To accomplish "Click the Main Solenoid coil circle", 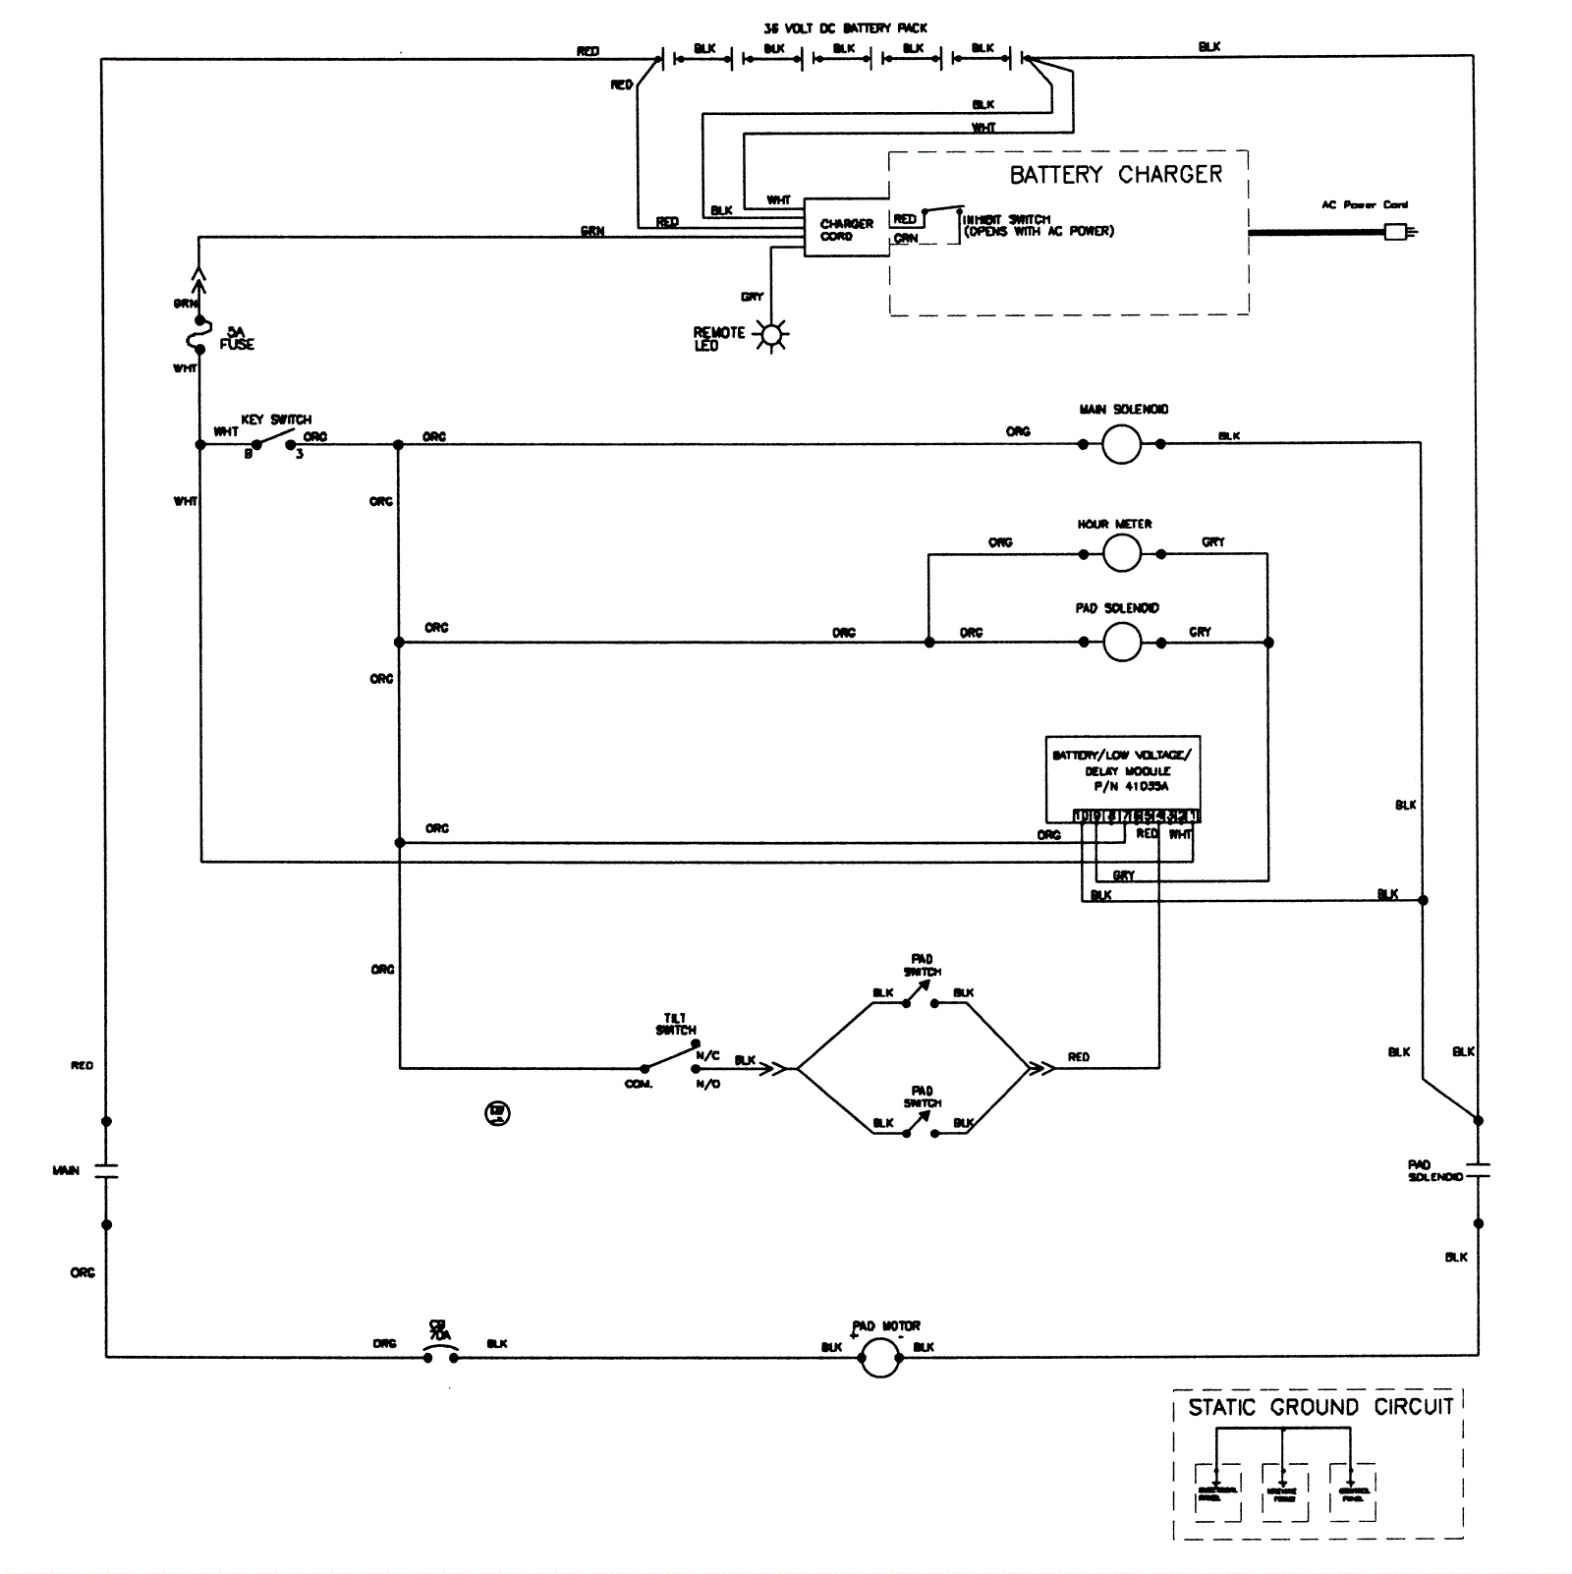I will [x=1121, y=444].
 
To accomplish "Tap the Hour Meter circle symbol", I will [x=1121, y=554].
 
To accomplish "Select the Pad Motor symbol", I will [x=879, y=1360].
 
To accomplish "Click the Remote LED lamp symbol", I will [x=772, y=336].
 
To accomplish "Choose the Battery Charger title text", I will [x=1116, y=175].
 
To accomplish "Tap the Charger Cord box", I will [x=846, y=230].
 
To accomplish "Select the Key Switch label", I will [x=276, y=420].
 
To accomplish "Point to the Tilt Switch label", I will [x=676, y=1024].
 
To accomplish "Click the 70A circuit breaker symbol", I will [x=440, y=1357].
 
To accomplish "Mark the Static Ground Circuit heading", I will [x=1319, y=1408].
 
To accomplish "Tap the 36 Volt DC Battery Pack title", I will [x=845, y=28].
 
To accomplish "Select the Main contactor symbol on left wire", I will [x=106, y=1171].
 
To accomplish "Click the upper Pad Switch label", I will [x=922, y=965].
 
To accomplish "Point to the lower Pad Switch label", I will [x=922, y=1096].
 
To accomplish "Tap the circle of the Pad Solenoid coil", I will [x=1122, y=643].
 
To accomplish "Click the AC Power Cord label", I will [x=1364, y=205].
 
